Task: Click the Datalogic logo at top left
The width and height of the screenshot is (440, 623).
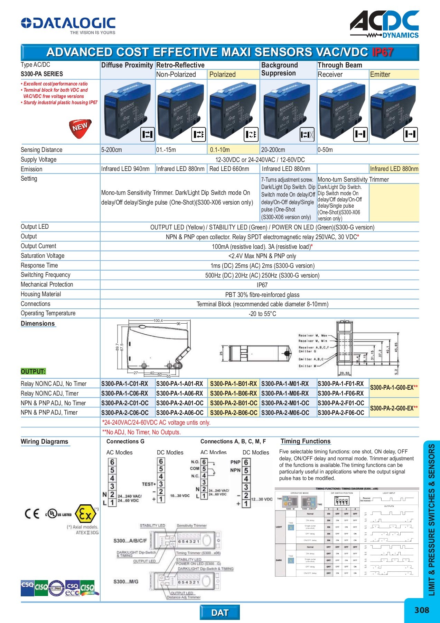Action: click(68, 25)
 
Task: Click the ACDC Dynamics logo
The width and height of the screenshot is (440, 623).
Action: click(385, 24)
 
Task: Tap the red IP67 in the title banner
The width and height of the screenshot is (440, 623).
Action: click(382, 52)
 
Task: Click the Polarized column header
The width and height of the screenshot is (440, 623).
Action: click(222, 74)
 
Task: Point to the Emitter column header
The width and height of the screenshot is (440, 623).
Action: click(380, 74)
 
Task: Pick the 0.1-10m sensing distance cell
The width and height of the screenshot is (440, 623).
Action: click(220, 150)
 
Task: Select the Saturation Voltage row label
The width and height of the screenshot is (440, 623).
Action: click(43, 256)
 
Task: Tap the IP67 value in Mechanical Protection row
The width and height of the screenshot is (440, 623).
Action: click(262, 285)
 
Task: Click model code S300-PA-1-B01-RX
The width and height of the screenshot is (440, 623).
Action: click(233, 384)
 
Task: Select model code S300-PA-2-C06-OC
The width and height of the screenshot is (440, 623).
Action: click(125, 413)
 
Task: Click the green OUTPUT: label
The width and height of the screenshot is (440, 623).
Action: click(33, 371)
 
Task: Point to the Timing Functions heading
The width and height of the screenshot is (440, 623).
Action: click(306, 441)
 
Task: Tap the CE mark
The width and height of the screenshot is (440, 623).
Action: click(32, 514)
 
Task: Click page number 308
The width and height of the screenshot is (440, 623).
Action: click(422, 610)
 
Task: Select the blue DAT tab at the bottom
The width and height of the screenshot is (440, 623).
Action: click(220, 613)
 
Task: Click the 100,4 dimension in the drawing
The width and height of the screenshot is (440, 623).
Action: click(158, 321)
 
